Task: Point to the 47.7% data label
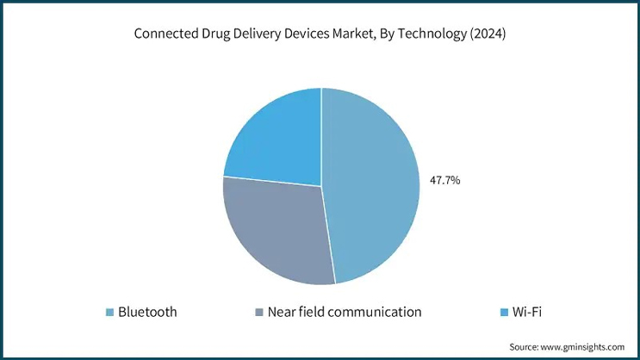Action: [x=444, y=181]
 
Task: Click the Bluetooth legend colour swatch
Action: [x=109, y=312]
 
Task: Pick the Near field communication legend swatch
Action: [x=259, y=312]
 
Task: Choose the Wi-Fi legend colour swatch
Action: [x=504, y=312]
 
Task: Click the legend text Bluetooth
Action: [x=147, y=312]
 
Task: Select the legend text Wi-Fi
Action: [x=526, y=312]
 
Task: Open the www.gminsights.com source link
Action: [x=582, y=346]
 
